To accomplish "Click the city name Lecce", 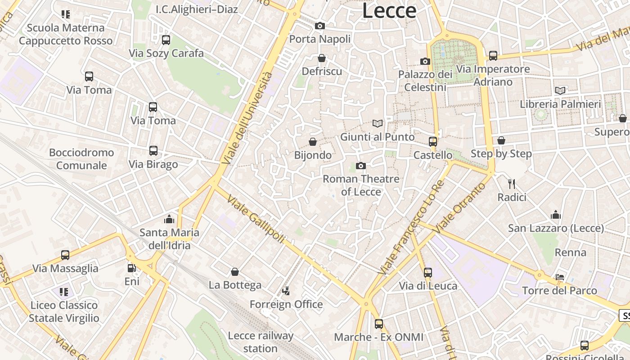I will click(389, 10).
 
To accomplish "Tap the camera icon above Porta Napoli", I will click(320, 26).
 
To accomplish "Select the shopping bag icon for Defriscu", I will click(322, 58).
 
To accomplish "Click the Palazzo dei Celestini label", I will click(425, 81).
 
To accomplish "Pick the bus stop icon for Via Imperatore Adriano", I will click(493, 56).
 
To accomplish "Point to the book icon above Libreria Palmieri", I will click(560, 91).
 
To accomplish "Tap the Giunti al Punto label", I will click(377, 137).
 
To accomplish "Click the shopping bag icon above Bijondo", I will click(313, 142).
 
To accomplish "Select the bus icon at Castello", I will click(433, 142).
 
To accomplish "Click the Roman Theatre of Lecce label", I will click(361, 185).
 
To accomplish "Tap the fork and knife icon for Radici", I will click(512, 184).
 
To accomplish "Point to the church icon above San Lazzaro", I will click(556, 215).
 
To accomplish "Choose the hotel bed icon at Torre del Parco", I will click(560, 277).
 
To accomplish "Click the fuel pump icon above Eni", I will click(131, 268).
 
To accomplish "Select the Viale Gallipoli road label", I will click(256, 219).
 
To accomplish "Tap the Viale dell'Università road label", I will click(247, 118).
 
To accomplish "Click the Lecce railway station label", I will click(261, 342).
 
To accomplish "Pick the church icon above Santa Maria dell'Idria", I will click(169, 219).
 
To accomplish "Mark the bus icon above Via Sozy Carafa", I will click(166, 40).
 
